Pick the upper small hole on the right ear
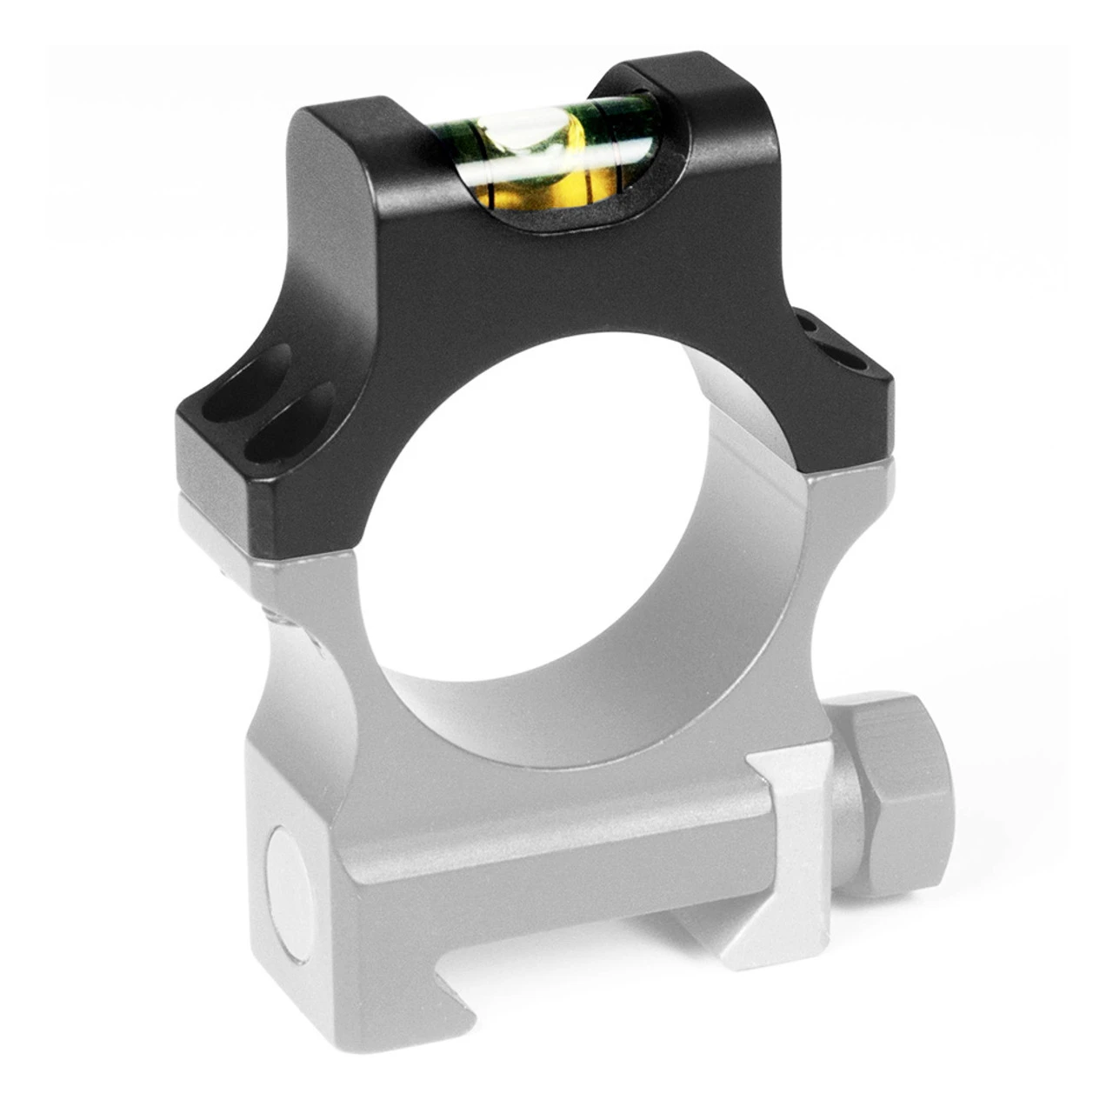pos(815,327)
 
